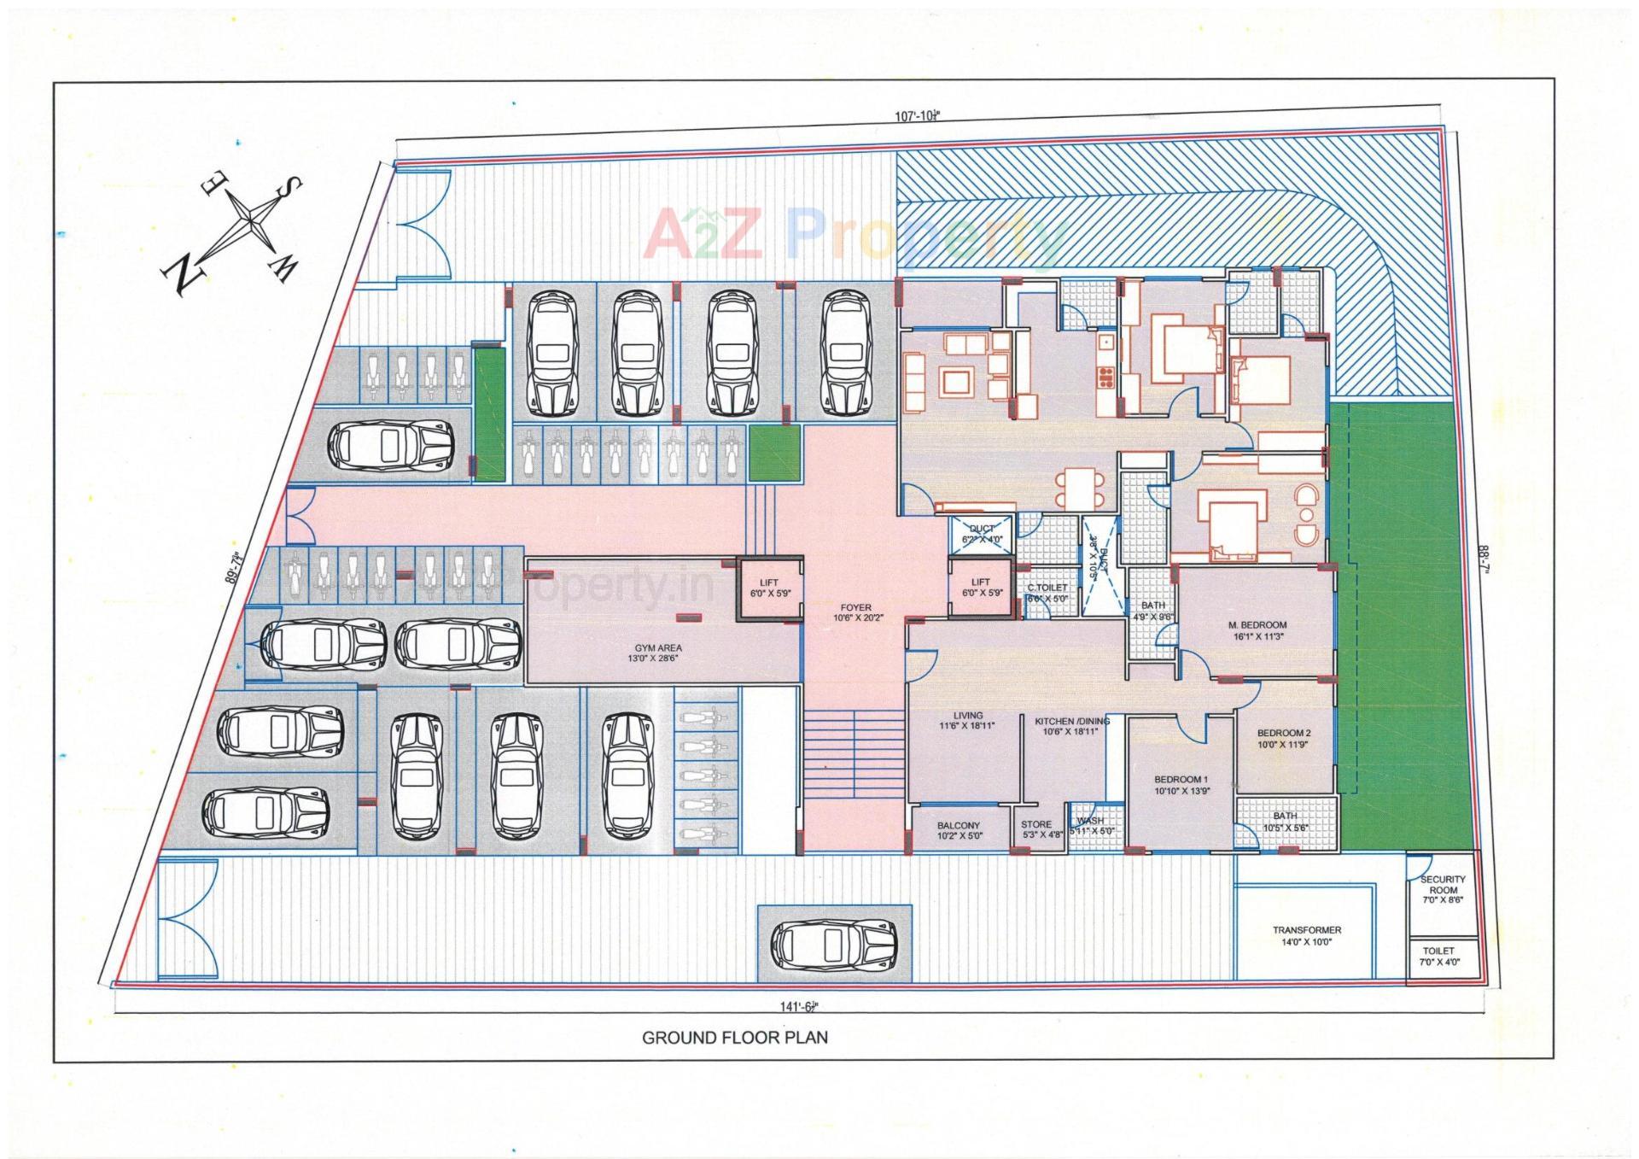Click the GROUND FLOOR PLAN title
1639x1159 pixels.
[x=734, y=1038]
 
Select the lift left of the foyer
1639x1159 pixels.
[x=769, y=588]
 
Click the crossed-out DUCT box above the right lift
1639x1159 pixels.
[x=982, y=534]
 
